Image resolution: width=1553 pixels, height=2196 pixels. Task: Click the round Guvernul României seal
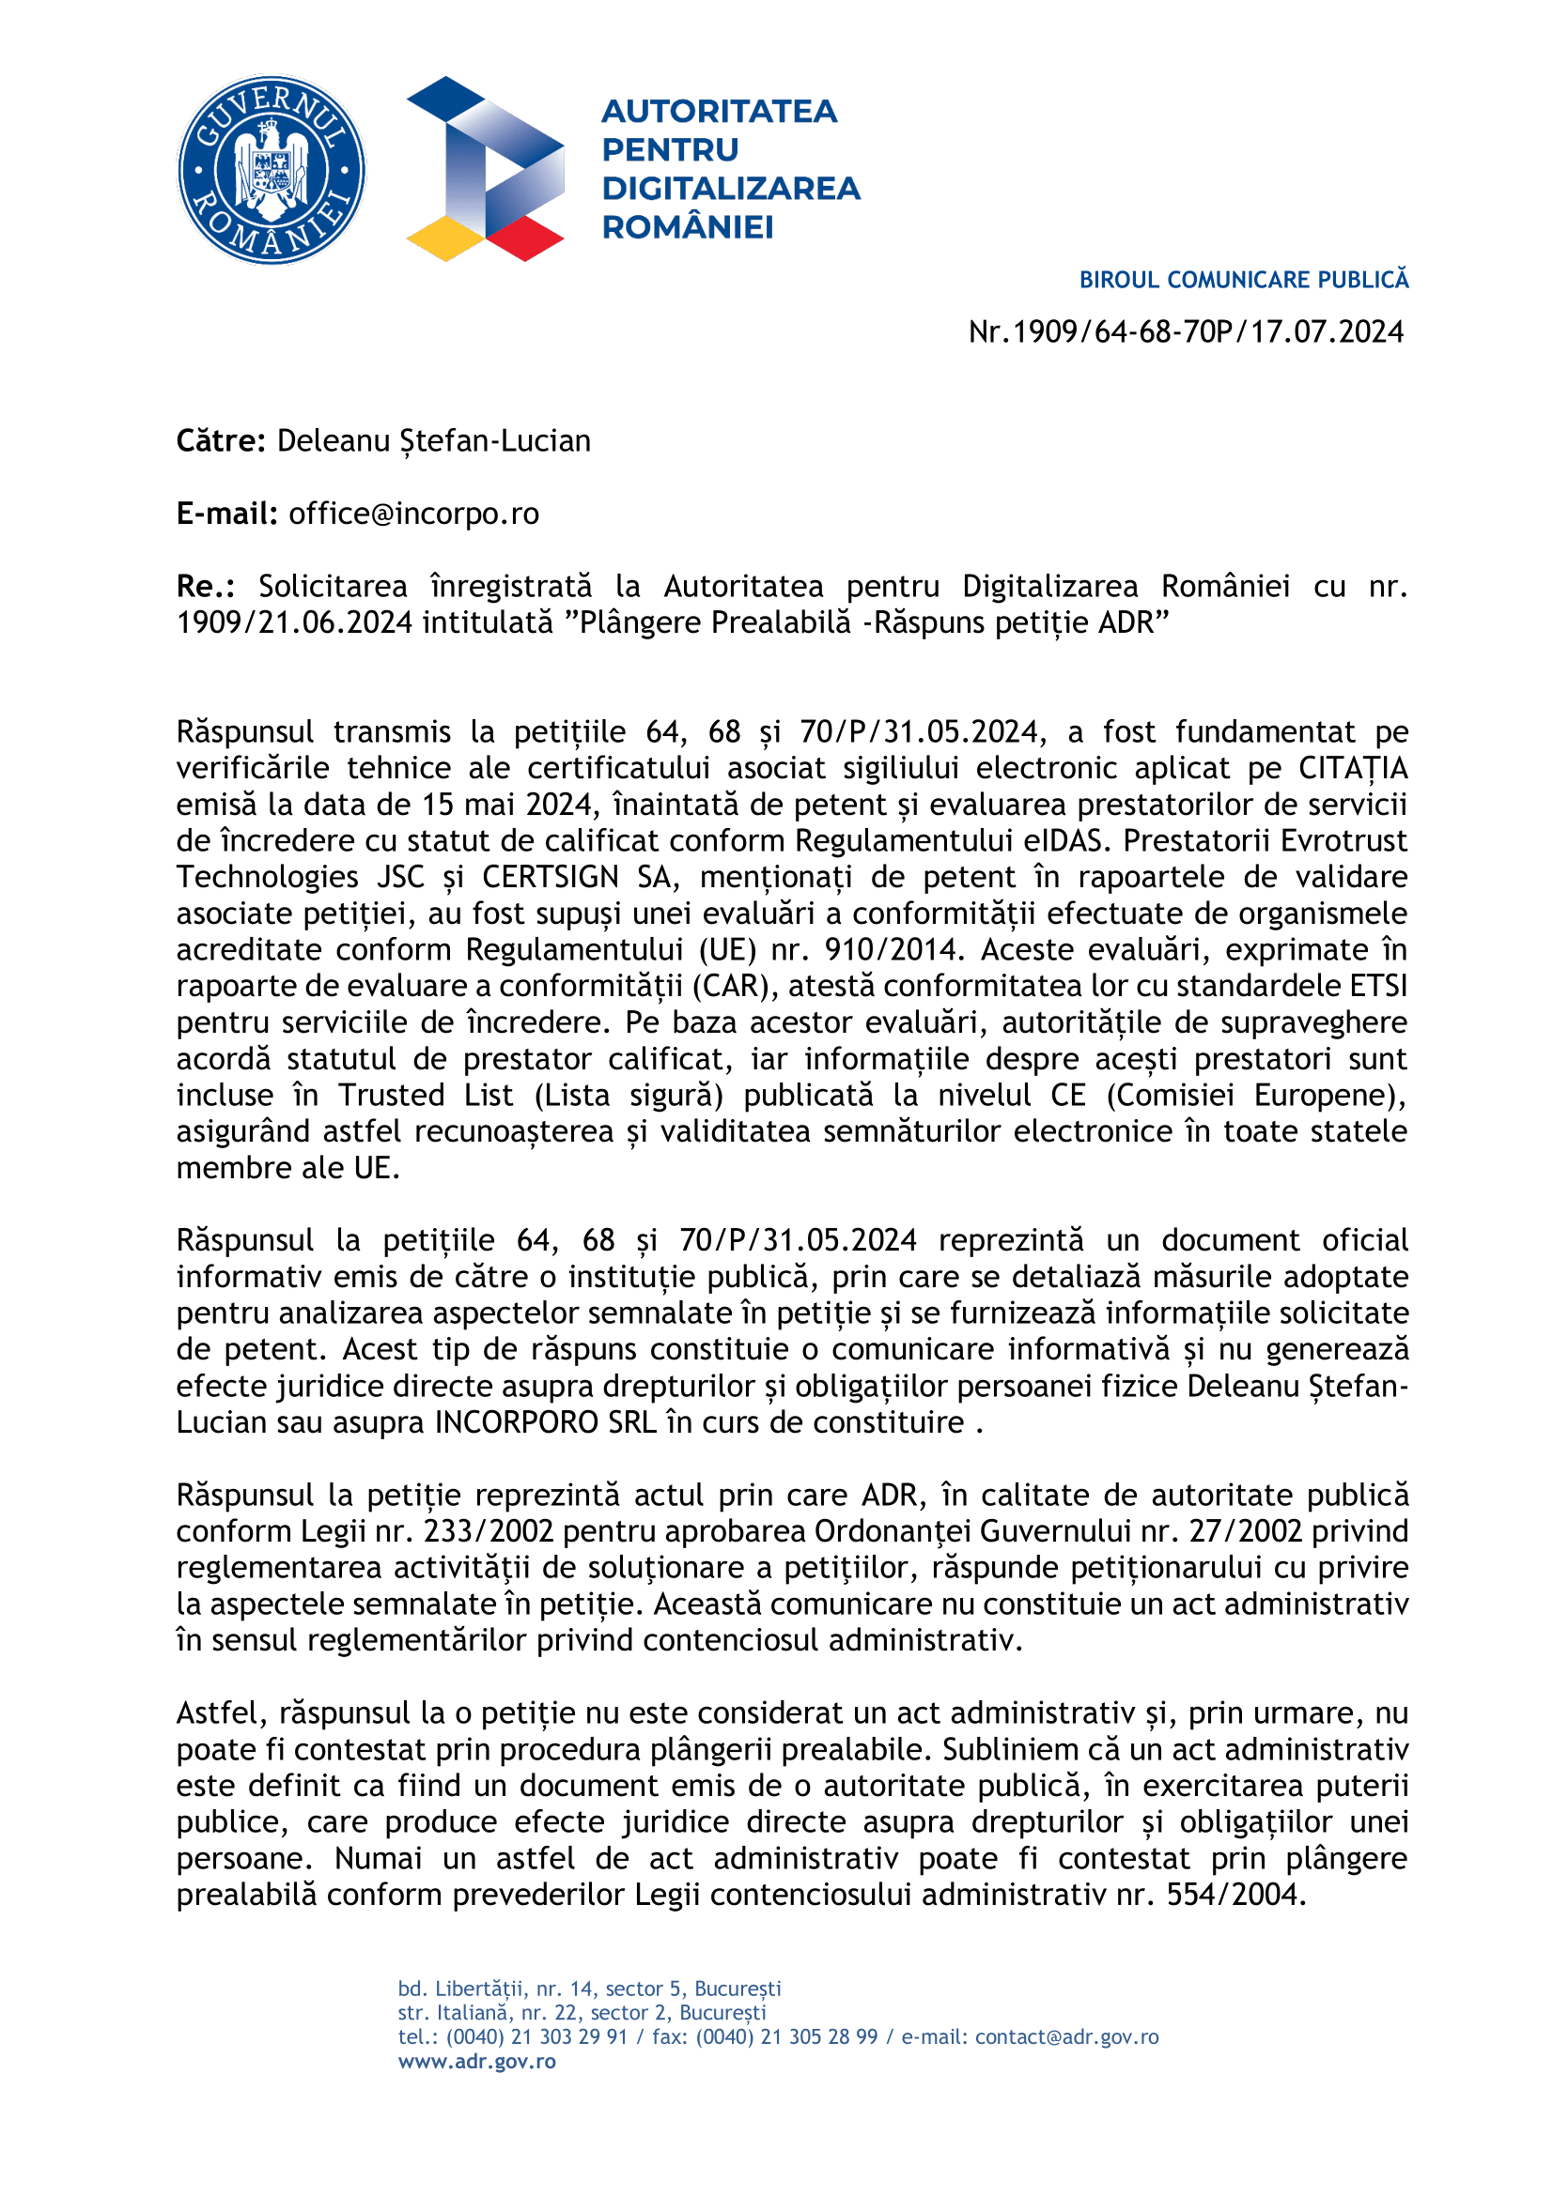click(x=272, y=170)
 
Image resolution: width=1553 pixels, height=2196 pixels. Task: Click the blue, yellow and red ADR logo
click(x=485, y=169)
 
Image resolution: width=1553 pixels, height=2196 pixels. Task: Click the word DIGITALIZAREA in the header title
click(x=731, y=189)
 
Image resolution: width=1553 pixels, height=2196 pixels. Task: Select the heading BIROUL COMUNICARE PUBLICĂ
click(x=1243, y=280)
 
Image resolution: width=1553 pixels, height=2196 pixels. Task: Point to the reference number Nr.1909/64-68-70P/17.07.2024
click(x=1186, y=331)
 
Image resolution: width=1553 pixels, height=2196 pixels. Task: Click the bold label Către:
click(x=221, y=441)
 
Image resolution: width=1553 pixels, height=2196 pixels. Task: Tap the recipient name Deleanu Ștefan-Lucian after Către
click(x=433, y=441)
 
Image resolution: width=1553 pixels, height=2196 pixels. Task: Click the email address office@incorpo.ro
click(x=413, y=514)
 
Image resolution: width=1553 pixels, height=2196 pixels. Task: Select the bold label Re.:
click(x=206, y=586)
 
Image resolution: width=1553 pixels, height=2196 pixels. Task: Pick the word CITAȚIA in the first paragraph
click(x=1352, y=768)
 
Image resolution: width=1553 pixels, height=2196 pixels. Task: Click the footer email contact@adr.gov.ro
click(x=1066, y=2037)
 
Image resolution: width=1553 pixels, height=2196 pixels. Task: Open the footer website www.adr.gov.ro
click(x=476, y=2061)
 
